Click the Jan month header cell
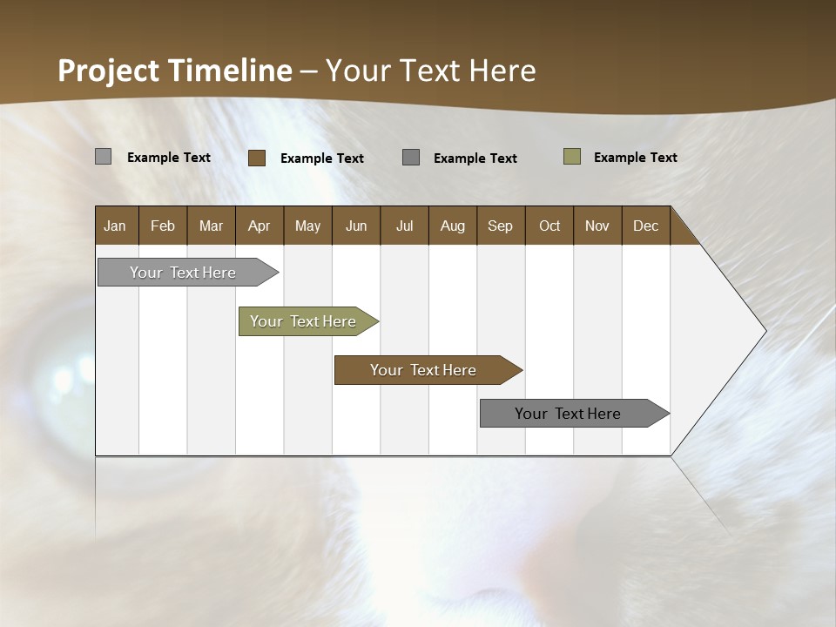tap(116, 226)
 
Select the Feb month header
tap(163, 226)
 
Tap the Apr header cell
tap(260, 226)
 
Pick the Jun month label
tap(356, 226)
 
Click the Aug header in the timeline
tap(453, 226)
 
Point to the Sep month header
tap(501, 226)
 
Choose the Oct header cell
tap(549, 226)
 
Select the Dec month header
tap(646, 226)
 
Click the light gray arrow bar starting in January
tap(184, 273)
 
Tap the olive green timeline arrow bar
tap(304, 321)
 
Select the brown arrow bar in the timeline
tap(424, 370)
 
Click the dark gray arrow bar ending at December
tap(569, 414)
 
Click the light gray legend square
tap(103, 157)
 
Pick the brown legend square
tap(257, 158)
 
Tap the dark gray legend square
tap(411, 158)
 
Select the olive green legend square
tap(572, 157)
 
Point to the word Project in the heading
tap(109, 71)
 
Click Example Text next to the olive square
tap(635, 158)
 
